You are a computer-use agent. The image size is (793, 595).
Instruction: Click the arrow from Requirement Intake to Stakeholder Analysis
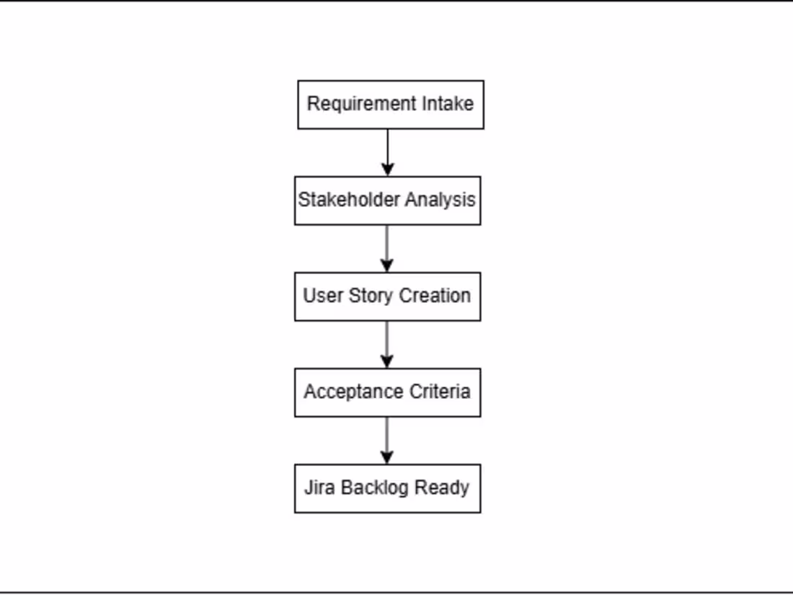[388, 152]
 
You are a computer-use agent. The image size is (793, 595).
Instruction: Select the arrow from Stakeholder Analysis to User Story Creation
[387, 248]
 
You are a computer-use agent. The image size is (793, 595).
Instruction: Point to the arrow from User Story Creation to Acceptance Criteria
[387, 344]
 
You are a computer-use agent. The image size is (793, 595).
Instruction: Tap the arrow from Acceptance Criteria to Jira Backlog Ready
[387, 440]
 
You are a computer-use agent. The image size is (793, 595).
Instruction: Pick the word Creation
[435, 296]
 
